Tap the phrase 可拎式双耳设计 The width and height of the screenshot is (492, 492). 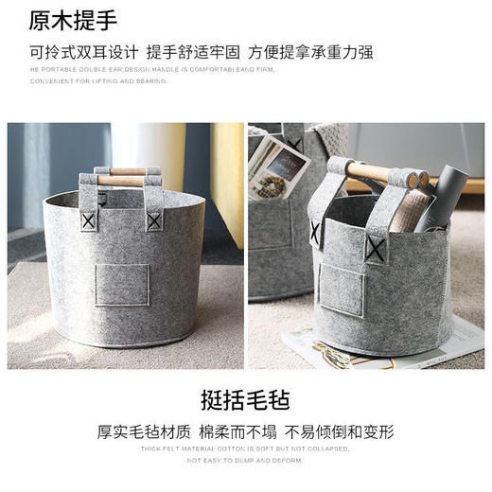click(x=84, y=52)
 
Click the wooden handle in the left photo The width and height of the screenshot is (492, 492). click(x=121, y=177)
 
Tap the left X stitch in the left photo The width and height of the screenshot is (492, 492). click(x=89, y=220)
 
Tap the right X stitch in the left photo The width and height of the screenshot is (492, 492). click(x=153, y=221)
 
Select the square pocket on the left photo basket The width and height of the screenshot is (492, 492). click(x=122, y=285)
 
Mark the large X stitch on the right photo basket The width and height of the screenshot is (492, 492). click(x=376, y=250)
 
